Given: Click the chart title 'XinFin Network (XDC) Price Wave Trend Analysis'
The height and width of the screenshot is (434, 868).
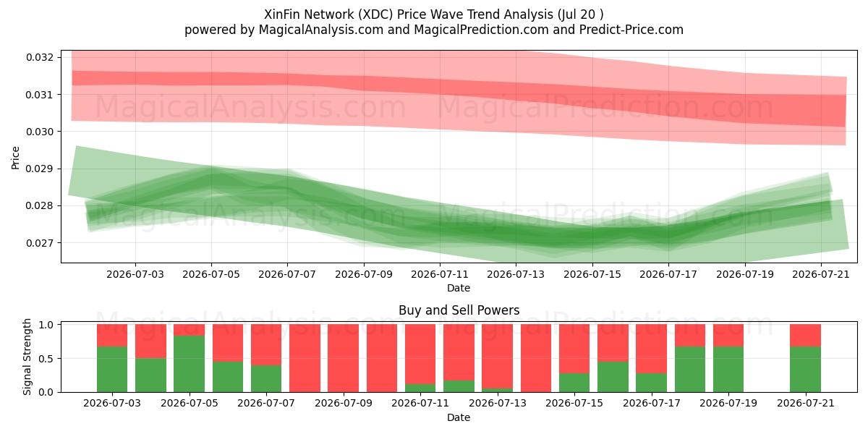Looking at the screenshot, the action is click(409, 14).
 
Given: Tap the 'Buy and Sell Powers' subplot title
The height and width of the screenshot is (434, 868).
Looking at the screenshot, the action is click(459, 310).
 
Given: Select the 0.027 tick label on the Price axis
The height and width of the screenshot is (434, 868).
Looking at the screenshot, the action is click(40, 243).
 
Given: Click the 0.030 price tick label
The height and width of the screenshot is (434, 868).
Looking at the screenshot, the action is click(40, 132).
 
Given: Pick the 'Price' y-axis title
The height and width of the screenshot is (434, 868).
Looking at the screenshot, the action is click(15, 158).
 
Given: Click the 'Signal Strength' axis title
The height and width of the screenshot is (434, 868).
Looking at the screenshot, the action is click(27, 357).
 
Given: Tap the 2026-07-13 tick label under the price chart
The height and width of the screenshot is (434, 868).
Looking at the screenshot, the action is click(516, 274).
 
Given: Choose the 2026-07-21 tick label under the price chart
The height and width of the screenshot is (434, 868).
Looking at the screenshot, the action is click(821, 274).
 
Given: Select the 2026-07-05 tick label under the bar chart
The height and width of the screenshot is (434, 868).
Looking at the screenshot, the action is click(189, 403).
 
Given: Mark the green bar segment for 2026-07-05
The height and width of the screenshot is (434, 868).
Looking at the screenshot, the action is click(189, 364).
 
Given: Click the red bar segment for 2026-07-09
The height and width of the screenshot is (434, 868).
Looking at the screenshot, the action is click(344, 358).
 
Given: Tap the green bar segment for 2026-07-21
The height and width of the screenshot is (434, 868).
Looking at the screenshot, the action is click(805, 370).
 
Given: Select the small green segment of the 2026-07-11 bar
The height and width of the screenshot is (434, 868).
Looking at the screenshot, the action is click(420, 388).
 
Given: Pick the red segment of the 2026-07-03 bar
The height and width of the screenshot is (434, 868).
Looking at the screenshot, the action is click(112, 335).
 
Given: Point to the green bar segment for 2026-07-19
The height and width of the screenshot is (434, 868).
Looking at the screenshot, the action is click(728, 370).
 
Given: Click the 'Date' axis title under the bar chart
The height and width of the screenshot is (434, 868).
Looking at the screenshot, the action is click(459, 417).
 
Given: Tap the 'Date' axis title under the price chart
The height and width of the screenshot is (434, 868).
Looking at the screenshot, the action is click(459, 288).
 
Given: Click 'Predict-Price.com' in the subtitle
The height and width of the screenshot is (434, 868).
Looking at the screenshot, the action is click(631, 30).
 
